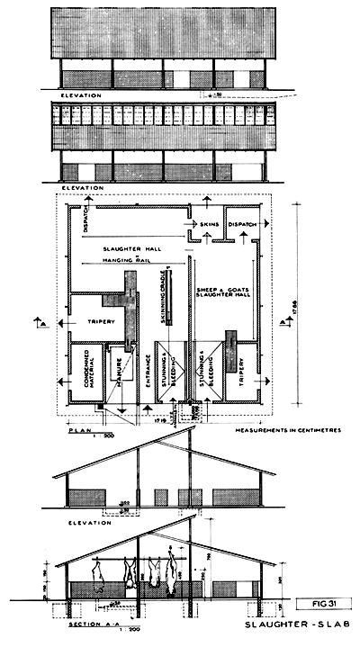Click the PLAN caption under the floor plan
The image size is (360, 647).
[x=80, y=431]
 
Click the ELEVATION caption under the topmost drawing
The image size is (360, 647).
[x=81, y=94]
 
